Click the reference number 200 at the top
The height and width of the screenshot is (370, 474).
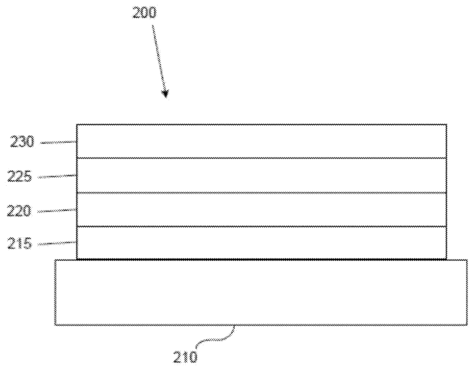point(144,13)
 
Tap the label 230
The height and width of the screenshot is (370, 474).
point(23,143)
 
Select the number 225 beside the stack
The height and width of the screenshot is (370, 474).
point(19,177)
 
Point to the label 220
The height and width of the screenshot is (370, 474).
point(19,211)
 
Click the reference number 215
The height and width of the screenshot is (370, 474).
point(20,243)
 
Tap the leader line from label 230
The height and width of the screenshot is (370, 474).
point(58,143)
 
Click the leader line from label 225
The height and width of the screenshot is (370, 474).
point(57,176)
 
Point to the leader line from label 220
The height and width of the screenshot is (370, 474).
point(57,210)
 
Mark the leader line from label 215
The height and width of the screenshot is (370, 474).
point(57,243)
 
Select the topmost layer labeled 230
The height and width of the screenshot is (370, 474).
point(261,141)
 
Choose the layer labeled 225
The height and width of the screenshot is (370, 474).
point(261,175)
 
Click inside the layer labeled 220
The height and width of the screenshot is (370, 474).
point(261,209)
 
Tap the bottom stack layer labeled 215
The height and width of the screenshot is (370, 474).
point(261,243)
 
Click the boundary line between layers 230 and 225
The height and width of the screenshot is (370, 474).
point(261,158)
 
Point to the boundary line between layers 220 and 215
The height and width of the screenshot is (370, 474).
point(261,226)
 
